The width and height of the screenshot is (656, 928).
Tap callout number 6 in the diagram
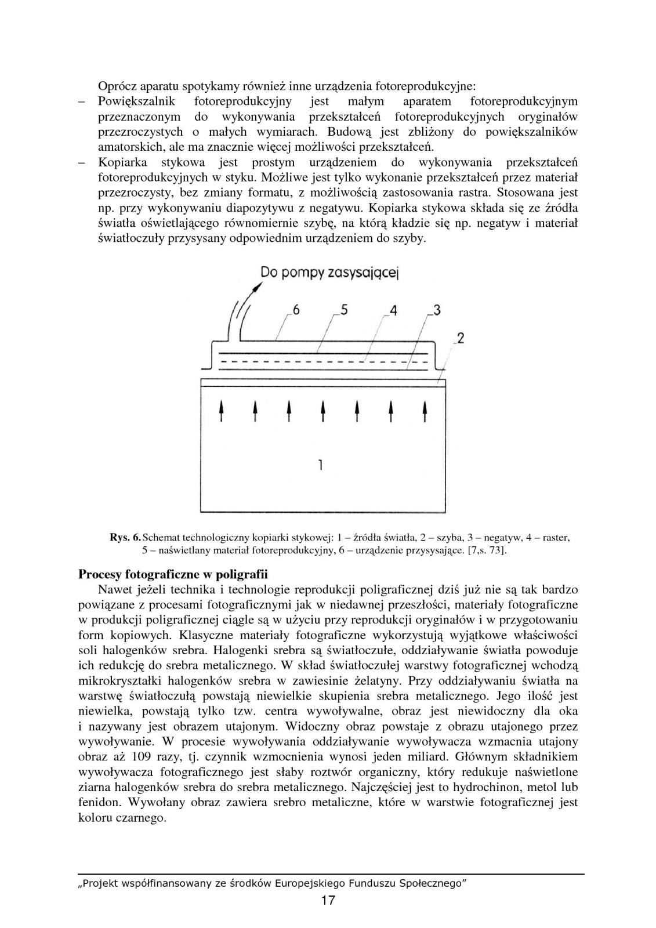point(296,310)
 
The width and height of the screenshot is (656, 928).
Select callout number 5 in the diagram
point(344,310)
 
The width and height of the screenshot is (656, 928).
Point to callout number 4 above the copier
point(393,311)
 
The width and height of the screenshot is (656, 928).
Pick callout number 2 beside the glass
point(460,338)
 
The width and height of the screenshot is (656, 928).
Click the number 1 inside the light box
point(321,464)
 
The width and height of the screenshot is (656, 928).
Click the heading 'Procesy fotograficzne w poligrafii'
point(173,575)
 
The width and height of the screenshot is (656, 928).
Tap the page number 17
point(328,900)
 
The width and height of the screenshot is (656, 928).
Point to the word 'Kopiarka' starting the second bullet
point(122,162)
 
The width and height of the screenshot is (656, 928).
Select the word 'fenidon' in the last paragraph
point(96,803)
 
